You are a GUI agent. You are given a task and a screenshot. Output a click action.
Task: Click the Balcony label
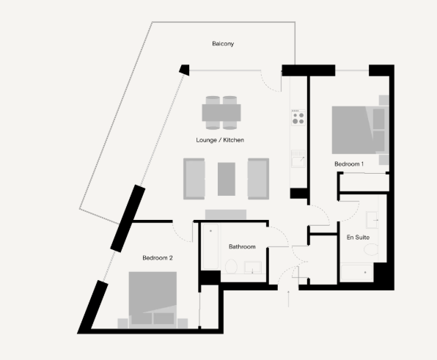pyautogui.click(x=223, y=44)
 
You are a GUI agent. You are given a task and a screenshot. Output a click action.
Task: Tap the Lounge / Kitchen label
pyautogui.click(x=220, y=140)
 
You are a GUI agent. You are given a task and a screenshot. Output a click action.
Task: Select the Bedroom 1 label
pyautogui.click(x=349, y=164)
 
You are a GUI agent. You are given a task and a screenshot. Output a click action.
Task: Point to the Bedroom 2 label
pyautogui.click(x=158, y=258)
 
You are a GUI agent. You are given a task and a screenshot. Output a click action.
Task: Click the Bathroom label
pyautogui.click(x=242, y=246)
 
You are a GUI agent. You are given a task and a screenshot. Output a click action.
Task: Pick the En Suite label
pyautogui.click(x=358, y=237)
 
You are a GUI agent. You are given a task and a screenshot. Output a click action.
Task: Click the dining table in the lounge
pyautogui.click(x=221, y=113)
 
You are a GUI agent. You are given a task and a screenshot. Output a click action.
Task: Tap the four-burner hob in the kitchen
pyautogui.click(x=298, y=117)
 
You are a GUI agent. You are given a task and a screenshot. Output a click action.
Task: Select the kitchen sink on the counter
pyautogui.click(x=298, y=159)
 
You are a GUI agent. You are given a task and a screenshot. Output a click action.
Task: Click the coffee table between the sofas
pyautogui.click(x=227, y=179)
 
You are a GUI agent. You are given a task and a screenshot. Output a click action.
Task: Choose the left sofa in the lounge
pyautogui.click(x=194, y=179)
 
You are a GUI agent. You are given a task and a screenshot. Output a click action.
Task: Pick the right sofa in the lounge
pyautogui.click(x=258, y=179)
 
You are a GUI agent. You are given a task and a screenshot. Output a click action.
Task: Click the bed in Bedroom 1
pyautogui.click(x=360, y=130)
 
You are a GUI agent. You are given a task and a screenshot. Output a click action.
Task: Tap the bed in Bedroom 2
pyautogui.click(x=153, y=300)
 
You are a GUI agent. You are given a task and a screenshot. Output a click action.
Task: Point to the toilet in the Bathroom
pyautogui.click(x=231, y=266)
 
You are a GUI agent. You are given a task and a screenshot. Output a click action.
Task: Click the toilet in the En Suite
pyautogui.click(x=371, y=249)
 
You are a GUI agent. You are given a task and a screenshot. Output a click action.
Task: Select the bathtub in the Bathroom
pyautogui.click(x=210, y=246)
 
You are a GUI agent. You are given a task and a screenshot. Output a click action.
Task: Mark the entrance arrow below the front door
pyautogui.click(x=288, y=298)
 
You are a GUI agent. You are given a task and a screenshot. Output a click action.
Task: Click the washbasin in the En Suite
pyautogui.click(x=372, y=220)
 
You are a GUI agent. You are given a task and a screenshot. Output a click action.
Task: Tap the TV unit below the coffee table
pyautogui.click(x=226, y=214)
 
